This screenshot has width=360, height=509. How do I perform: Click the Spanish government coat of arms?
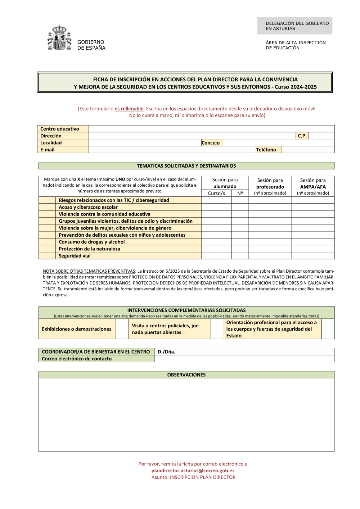59,38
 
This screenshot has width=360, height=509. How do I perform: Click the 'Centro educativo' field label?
60,129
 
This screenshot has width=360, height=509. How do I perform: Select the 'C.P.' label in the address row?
302,136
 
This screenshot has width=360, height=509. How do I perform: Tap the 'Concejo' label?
211,143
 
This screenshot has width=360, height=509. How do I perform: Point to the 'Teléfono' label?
266,150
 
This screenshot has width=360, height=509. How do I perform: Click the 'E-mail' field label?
48,150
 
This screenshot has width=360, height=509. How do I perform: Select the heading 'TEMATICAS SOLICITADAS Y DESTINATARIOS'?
186,166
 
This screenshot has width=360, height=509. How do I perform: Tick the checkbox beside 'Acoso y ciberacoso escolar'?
47,207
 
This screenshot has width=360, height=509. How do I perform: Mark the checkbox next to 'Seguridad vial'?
47,256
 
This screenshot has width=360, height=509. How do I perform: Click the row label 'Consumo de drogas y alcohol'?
92,242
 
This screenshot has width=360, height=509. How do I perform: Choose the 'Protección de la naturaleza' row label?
90,249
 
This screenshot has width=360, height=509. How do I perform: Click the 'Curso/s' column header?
216,193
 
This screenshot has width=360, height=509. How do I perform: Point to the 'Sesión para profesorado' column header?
270,186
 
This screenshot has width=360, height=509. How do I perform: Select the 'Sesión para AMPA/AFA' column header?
313,186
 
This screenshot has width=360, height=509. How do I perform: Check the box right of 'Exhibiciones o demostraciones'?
122,329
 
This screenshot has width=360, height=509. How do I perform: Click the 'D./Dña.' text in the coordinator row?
166,352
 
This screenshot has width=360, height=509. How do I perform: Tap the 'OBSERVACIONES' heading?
186,375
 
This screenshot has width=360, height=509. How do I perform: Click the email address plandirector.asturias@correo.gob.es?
193,471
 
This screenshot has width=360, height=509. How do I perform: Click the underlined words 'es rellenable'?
129,109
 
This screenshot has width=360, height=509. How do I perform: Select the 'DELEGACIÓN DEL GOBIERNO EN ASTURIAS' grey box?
295,26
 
